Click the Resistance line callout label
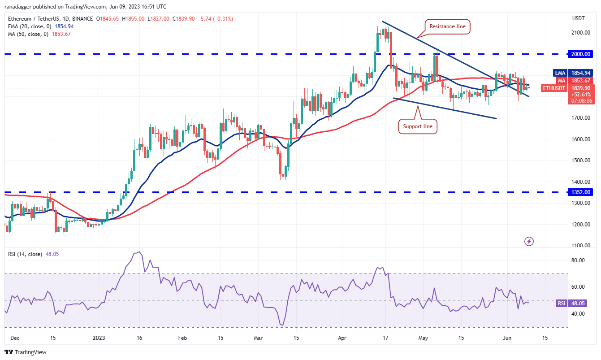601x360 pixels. click(x=447, y=26)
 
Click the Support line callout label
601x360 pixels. click(x=418, y=126)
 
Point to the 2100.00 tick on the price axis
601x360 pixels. click(x=581, y=33)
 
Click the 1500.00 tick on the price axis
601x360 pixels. click(x=581, y=160)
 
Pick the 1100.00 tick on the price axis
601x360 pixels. click(x=581, y=246)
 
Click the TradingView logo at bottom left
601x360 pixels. click(x=26, y=352)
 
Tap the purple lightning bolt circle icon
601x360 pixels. click(x=529, y=241)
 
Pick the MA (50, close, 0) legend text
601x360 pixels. click(x=26, y=34)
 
